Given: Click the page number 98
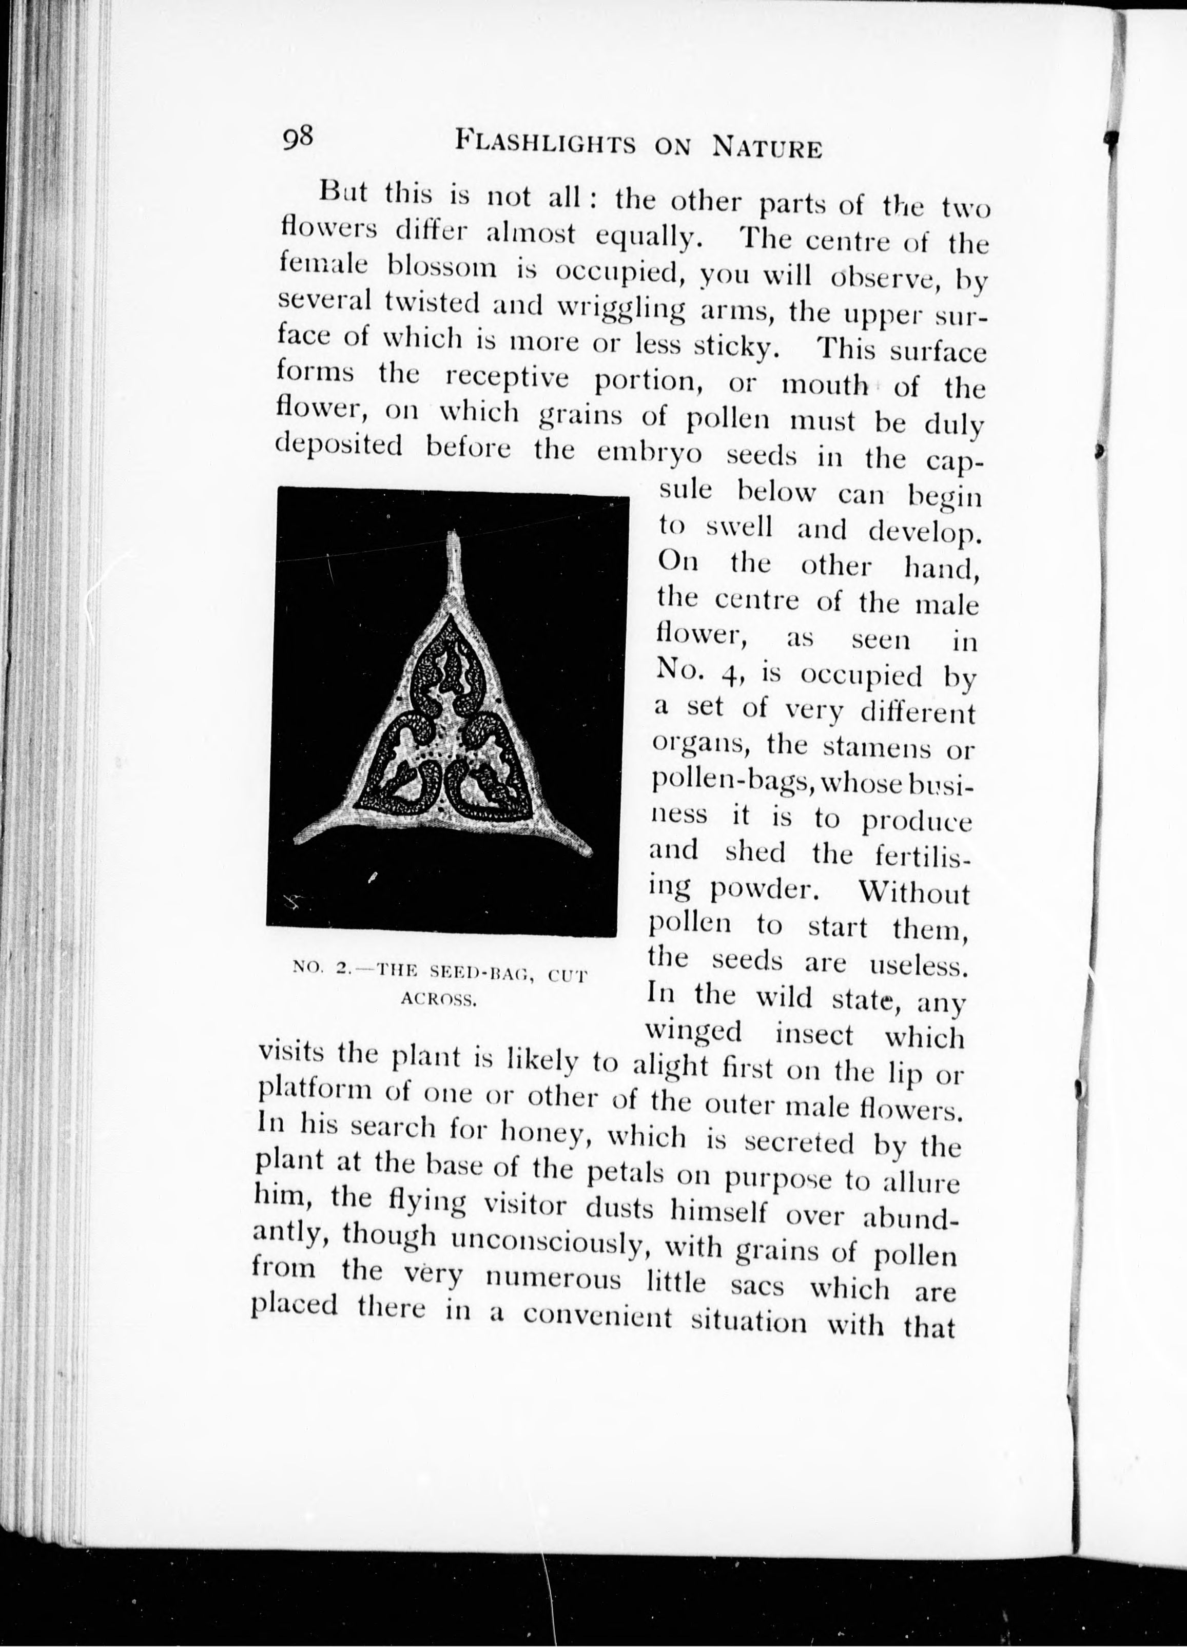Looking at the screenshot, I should [x=298, y=137].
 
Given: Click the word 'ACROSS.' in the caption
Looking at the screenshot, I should [x=438, y=1001].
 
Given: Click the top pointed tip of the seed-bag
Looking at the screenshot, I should [x=455, y=537].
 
